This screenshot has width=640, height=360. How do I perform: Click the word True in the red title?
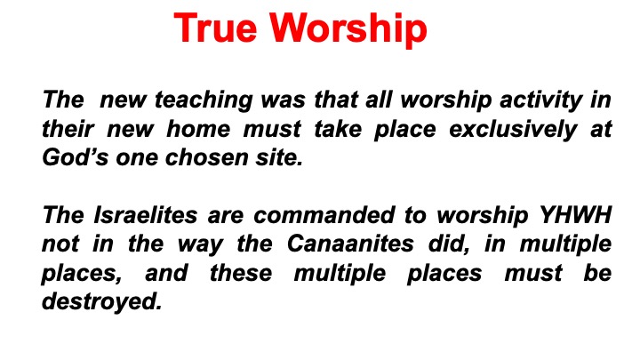(x=215, y=28)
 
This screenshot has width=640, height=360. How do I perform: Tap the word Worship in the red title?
(x=348, y=28)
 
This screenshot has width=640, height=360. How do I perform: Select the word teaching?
(x=204, y=100)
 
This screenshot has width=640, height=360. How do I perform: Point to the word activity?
(x=541, y=100)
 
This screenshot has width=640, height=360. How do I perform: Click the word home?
(x=198, y=129)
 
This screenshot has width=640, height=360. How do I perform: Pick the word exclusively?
(x=513, y=130)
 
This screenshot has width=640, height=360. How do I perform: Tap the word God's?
(x=75, y=157)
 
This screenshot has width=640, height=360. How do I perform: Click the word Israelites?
(x=146, y=215)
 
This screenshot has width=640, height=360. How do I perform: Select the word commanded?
(x=324, y=215)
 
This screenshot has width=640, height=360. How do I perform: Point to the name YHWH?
(x=575, y=215)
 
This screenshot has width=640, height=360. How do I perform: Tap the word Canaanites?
(x=350, y=244)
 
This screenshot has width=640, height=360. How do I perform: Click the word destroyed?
(x=102, y=302)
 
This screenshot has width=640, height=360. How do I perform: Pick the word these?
(x=241, y=273)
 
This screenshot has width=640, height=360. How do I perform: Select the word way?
(x=200, y=245)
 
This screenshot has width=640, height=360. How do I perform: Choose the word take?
(x=338, y=129)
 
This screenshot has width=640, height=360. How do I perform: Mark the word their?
(x=68, y=129)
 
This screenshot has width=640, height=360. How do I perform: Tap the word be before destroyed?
(x=597, y=273)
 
